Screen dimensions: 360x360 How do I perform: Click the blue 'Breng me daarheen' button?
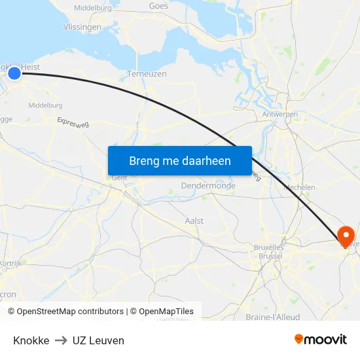pyautogui.click(x=180, y=160)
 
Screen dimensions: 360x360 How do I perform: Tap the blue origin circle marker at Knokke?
pyautogui.click(x=14, y=73)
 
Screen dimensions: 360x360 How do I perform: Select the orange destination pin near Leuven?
pyautogui.click(x=344, y=236)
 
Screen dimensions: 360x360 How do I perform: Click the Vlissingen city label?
pyautogui.click(x=82, y=27)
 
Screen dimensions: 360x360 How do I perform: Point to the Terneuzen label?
pyautogui.click(x=147, y=74)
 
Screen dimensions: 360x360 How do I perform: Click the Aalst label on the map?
pyautogui.click(x=195, y=221)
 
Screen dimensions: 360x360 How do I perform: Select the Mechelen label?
pyautogui.click(x=300, y=187)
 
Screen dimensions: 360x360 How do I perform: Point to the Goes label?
pyautogui.click(x=158, y=6)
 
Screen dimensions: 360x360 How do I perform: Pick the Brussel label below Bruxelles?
pyautogui.click(x=270, y=256)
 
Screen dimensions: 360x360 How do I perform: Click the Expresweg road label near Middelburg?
pyautogui.click(x=73, y=122)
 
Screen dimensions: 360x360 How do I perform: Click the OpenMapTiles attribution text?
pyautogui.click(x=166, y=312)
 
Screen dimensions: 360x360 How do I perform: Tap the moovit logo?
pyautogui.click(x=321, y=340)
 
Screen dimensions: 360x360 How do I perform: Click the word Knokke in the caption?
pyautogui.click(x=31, y=340)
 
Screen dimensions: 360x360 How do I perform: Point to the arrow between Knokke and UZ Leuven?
pyautogui.click(x=61, y=340)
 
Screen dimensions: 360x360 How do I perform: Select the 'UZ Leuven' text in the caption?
pyautogui.click(x=98, y=340)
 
